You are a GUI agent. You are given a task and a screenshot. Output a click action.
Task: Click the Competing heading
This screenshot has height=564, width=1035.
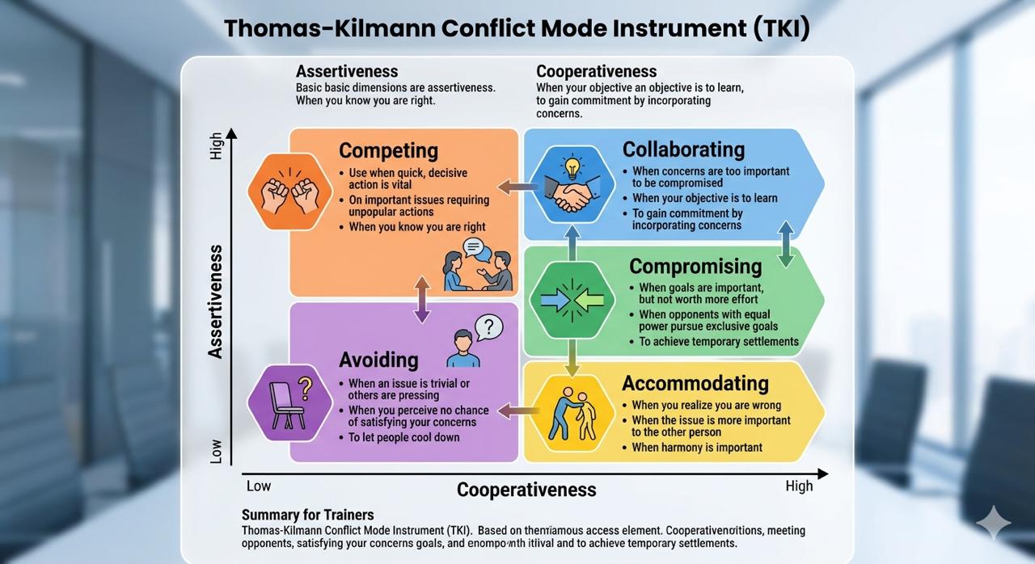(x=388, y=151)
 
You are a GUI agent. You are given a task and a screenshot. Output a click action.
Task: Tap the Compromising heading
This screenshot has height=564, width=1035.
(x=695, y=267)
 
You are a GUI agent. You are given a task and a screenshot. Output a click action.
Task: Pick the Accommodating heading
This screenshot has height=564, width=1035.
(x=695, y=383)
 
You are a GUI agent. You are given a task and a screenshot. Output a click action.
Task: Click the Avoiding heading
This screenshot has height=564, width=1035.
(x=378, y=360)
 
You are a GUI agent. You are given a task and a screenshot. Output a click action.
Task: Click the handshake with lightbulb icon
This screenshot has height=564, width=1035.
(x=573, y=185)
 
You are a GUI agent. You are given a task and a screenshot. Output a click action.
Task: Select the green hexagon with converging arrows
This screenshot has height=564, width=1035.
(x=572, y=301)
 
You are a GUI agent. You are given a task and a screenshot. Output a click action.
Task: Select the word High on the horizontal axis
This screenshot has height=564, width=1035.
(x=799, y=486)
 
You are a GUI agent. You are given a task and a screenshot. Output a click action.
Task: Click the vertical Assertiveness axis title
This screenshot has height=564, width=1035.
(x=215, y=301)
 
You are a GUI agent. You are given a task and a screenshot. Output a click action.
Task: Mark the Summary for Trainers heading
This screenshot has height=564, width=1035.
(x=307, y=515)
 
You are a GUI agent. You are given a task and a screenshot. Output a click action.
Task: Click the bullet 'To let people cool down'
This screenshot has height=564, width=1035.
(x=403, y=437)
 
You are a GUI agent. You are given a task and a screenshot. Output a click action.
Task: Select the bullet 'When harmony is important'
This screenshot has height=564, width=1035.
(x=696, y=448)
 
